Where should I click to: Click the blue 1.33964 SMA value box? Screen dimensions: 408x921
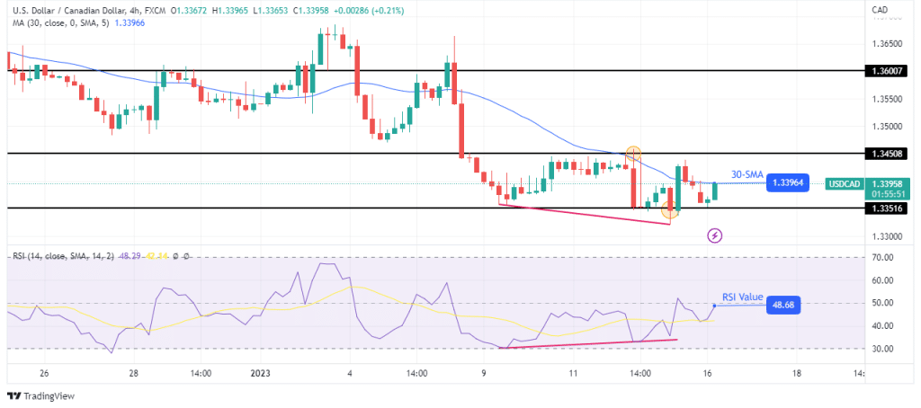coord(787,183)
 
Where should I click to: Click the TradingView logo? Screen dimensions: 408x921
coord(43,395)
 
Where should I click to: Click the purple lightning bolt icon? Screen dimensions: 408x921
coord(714,235)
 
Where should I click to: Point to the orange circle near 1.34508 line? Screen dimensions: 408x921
coord(633,154)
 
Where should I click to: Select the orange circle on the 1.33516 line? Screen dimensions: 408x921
coord(669,210)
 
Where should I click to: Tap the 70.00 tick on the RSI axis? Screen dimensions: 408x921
coord(883,258)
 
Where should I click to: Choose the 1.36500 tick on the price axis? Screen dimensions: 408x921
coord(885,43)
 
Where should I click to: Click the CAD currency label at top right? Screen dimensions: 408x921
coord(880,10)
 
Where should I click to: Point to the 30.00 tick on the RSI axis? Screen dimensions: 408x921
coord(883,350)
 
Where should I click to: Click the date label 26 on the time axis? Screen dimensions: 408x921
coord(44,373)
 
